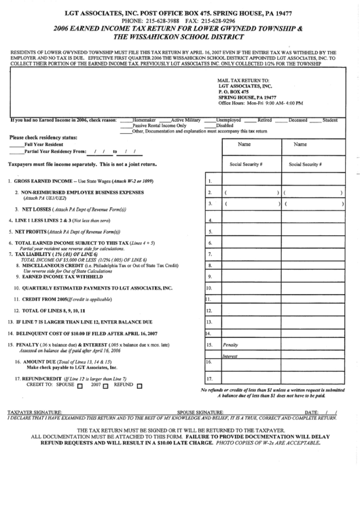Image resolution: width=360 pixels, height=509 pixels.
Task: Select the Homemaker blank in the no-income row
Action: click(x=126, y=120)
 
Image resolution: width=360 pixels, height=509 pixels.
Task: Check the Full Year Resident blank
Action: click(x=16, y=145)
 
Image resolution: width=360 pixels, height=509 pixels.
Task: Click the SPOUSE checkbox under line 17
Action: click(x=80, y=385)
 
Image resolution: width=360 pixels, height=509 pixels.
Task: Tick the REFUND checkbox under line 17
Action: click(x=139, y=385)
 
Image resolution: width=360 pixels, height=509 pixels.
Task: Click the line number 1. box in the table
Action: click(x=211, y=181)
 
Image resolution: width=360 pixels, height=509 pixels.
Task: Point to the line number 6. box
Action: click(x=211, y=243)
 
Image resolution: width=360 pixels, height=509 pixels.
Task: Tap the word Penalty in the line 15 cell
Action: click(x=231, y=345)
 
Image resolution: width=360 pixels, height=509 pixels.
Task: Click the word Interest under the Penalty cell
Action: click(x=230, y=356)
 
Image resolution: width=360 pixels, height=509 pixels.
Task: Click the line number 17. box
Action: click(x=211, y=379)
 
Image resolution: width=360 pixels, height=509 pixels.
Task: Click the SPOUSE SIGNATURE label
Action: click(x=197, y=412)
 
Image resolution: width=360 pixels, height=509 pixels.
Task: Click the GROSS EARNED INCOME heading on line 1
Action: click(x=41, y=181)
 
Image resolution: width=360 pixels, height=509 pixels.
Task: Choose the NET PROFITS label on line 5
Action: click(x=33, y=231)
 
